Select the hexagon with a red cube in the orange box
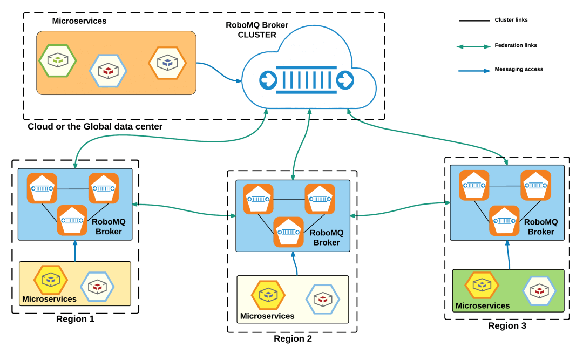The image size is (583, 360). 109,70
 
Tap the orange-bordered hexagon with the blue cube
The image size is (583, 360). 167,63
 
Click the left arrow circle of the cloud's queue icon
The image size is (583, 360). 267,80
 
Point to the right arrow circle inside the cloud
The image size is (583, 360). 344,80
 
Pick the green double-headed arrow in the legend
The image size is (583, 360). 474,47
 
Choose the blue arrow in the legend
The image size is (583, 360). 474,70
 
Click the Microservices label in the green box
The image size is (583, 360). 482,305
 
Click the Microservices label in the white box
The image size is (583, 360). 267,316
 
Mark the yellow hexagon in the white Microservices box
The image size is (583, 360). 267,295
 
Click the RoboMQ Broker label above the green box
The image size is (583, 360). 541,227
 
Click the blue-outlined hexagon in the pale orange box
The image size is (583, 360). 97,285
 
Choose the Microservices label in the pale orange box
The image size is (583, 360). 49,298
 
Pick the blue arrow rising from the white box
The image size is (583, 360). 294,264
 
